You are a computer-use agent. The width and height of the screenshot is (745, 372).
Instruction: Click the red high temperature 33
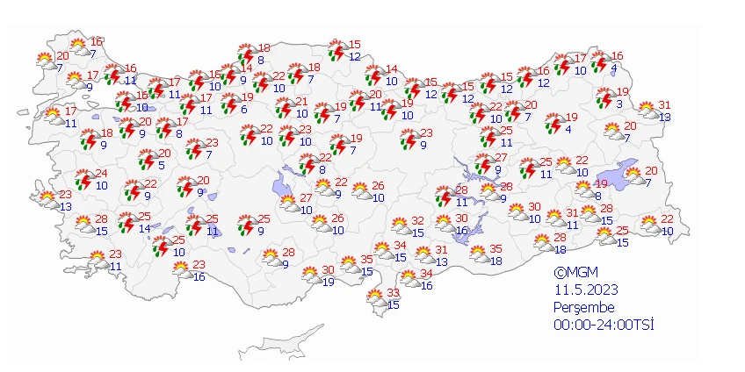[394, 292]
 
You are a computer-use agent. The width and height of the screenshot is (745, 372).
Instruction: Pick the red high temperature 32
[418, 221]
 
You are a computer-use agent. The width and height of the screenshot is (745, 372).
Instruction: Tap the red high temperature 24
[101, 173]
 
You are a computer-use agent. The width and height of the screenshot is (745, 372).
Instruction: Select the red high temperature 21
[301, 102]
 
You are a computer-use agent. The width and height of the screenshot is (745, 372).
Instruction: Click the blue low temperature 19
[328, 282]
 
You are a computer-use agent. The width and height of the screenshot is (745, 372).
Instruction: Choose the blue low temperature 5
[162, 165]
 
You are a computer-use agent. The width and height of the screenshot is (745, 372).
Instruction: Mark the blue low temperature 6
[242, 109]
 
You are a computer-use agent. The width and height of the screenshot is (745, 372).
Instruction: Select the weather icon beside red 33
[376, 298]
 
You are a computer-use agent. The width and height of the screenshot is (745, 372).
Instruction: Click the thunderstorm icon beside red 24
[83, 179]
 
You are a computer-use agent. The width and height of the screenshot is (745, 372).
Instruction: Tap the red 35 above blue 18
[495, 249]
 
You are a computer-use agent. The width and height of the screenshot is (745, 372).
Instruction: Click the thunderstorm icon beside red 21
[284, 108]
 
